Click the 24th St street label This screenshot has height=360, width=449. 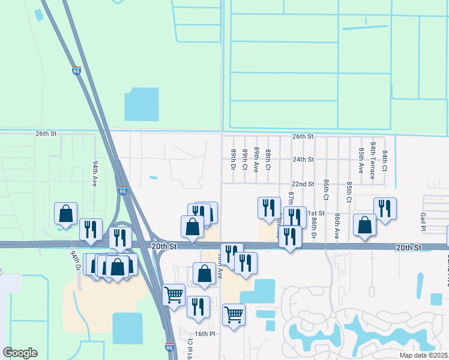[303, 160]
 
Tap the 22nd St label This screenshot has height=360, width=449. [303, 184]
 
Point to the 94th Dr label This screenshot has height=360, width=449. [74, 261]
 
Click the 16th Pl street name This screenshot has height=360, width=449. [204, 334]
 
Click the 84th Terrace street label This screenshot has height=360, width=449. [373, 161]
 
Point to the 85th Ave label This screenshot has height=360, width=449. [361, 160]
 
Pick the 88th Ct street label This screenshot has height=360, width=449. [268, 160]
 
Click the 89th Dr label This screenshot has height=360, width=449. [233, 160]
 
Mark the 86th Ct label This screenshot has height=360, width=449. [326, 189]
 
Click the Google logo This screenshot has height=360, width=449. [20, 353]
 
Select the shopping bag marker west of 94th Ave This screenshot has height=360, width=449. [65, 214]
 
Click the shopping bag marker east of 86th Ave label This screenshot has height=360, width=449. [364, 225]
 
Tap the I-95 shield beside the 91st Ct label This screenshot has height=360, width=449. [170, 347]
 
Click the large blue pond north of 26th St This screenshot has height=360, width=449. [141, 104]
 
